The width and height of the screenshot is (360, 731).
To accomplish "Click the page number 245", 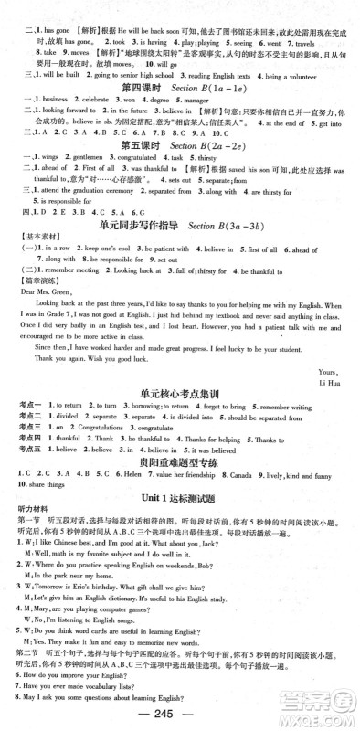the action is tap(180, 715).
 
